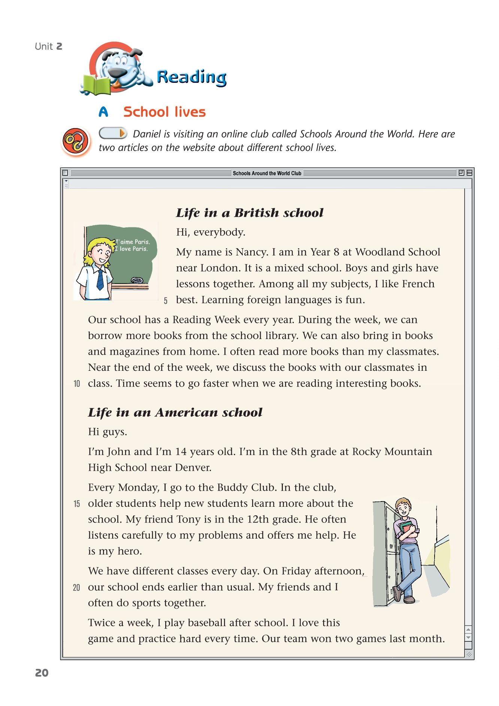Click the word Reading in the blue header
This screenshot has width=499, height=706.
pos(191,77)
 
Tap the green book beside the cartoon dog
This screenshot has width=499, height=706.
pos(96,85)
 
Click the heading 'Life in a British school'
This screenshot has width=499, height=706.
pos(250,213)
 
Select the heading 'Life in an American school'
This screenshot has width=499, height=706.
pos(175,412)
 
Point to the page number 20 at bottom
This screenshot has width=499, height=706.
pos(42,673)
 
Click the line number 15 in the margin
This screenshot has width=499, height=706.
pos(77,504)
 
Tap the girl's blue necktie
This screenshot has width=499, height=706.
pos(100,279)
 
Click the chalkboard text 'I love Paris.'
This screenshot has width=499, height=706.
pos(131,249)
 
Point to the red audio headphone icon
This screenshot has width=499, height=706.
pos(75,141)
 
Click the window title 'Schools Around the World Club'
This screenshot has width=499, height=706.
pos(267,173)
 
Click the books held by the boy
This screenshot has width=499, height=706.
pos(406,527)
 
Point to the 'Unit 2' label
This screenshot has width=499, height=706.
pos(48,46)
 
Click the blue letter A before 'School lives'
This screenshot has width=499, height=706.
pos(103,112)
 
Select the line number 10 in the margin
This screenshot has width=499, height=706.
pos(77,384)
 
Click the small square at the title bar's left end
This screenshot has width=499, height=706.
pos(65,173)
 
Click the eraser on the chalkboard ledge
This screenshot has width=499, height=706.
pos(137,280)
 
